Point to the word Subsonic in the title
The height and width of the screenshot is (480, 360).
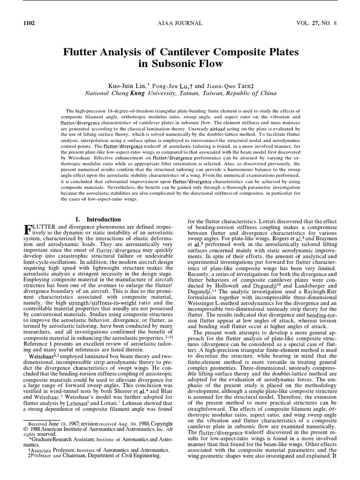coord(183,63)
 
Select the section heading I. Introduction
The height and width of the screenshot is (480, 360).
coord(98,219)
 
